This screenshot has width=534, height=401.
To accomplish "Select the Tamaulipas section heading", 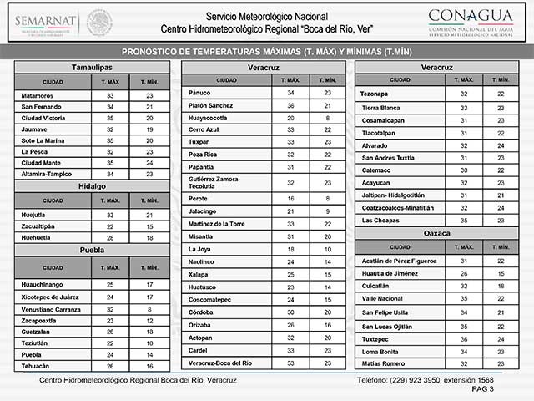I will tap(92, 66).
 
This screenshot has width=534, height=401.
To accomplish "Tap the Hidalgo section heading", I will tap(92, 185).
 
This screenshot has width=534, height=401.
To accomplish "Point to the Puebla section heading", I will tap(92, 250).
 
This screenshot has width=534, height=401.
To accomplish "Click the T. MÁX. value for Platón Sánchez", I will tap(291, 106).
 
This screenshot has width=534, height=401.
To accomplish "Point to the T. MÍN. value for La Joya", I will tap(329, 249).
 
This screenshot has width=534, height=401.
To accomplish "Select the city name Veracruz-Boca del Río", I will tap(220, 363).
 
